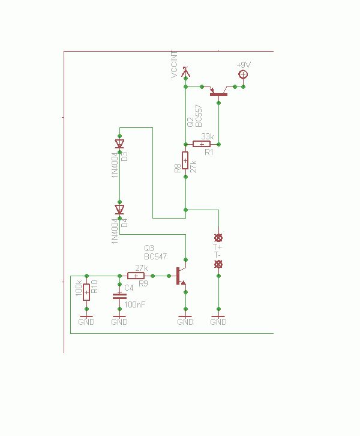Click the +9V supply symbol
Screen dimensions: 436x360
pos(243,74)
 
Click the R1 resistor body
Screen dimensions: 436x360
pos(202,144)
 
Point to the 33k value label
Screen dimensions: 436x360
pos(207,136)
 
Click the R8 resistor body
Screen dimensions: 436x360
pos(185,161)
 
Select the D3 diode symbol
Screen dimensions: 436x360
pos(119,144)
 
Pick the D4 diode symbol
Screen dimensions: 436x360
pos(119,209)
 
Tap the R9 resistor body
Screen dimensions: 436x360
pos(136,276)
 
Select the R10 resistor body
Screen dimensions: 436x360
pos(86,292)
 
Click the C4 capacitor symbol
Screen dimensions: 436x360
pos(119,296)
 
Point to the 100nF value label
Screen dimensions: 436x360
pos(135,304)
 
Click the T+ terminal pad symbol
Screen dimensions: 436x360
pos(218,237)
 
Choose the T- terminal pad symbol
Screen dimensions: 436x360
pos(218,264)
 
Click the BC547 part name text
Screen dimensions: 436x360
pos(155,256)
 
